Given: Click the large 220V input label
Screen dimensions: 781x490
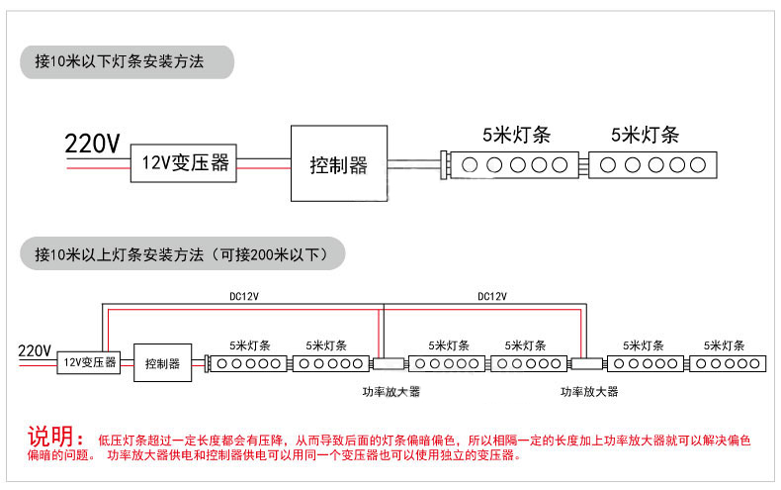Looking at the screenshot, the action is coord(92,144).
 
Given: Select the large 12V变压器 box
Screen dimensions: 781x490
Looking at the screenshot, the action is coord(183,163).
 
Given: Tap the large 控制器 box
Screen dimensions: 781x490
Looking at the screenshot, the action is coord(339,163).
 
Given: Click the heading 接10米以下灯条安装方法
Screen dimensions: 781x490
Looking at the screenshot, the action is coord(120,61).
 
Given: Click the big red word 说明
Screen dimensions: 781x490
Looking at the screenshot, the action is coord(50,437).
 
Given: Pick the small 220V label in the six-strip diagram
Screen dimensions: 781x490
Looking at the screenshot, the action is coord(35,350).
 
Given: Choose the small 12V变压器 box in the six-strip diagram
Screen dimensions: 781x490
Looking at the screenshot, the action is coord(89,362).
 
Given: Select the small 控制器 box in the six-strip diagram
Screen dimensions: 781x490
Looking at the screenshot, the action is coord(163,362).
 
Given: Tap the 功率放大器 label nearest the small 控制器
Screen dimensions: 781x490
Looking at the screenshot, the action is coord(391,392).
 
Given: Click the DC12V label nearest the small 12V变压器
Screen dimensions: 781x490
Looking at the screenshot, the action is coord(244,296).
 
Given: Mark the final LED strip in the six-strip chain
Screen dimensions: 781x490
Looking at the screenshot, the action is coord(728,363).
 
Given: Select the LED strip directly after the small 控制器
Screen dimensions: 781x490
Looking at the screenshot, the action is coord(248,363).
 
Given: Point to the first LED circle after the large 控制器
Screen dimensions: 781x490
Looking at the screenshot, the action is coord(470,165).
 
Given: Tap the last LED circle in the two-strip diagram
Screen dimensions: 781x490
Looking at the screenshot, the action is coord(698,165).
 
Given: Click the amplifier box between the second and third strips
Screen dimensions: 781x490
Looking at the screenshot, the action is coord(389,363).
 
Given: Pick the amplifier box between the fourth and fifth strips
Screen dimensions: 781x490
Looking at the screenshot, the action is coord(587,363).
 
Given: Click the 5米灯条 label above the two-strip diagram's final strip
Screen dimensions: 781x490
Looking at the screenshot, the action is coord(645,135).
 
